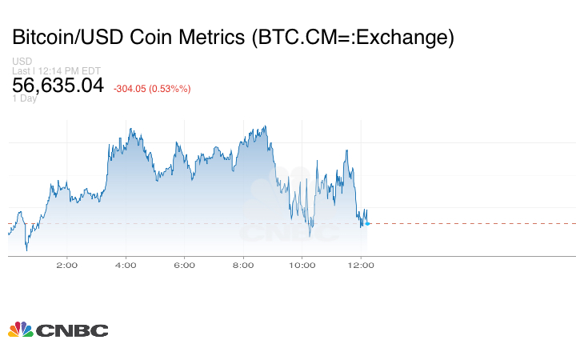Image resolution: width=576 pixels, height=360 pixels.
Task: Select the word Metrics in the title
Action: pyautogui.click(x=212, y=37)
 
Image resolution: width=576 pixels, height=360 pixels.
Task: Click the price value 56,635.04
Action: pyautogui.click(x=58, y=85)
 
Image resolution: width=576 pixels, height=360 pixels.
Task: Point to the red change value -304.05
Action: pyautogui.click(x=130, y=89)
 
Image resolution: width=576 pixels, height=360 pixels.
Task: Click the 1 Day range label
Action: pyautogui.click(x=24, y=98)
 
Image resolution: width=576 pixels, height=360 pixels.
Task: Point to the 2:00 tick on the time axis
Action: pyautogui.click(x=66, y=265)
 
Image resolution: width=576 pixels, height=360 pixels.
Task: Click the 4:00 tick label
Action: pyautogui.click(x=126, y=265)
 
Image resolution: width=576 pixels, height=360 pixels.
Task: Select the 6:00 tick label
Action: pyautogui.click(x=184, y=265)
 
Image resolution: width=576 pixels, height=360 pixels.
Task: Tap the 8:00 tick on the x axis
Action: pyautogui.click(x=243, y=265)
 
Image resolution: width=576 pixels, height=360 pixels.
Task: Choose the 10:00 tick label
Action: pyautogui.click(x=302, y=265)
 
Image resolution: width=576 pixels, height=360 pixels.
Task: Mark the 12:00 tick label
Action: pyautogui.click(x=361, y=265)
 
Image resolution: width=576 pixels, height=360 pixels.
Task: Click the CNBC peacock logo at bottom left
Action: pyautogui.click(x=20, y=330)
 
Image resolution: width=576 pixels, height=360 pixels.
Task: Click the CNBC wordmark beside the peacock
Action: pyautogui.click(x=71, y=330)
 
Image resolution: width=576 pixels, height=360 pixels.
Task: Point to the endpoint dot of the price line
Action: pyautogui.click(x=366, y=223)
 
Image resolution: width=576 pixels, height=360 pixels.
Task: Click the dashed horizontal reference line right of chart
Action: pyautogui.click(x=472, y=223)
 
